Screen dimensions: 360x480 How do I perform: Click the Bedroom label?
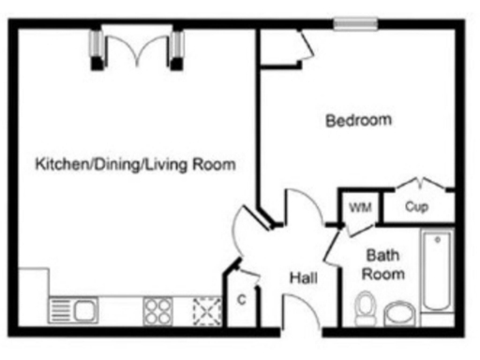(x=357, y=121)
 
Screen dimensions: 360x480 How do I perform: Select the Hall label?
(x=302, y=278)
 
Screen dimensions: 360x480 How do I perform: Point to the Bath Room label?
(x=384, y=263)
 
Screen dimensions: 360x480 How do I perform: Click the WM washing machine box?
(x=356, y=207)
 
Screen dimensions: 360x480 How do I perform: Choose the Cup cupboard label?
(x=417, y=206)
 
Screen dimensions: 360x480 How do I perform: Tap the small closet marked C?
(x=241, y=299)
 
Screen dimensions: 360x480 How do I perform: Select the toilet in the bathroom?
(x=367, y=307)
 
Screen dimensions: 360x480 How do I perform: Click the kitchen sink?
(x=73, y=309)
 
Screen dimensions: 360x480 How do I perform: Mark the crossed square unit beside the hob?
(x=206, y=309)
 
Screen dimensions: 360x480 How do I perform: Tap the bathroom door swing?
(x=331, y=246)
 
